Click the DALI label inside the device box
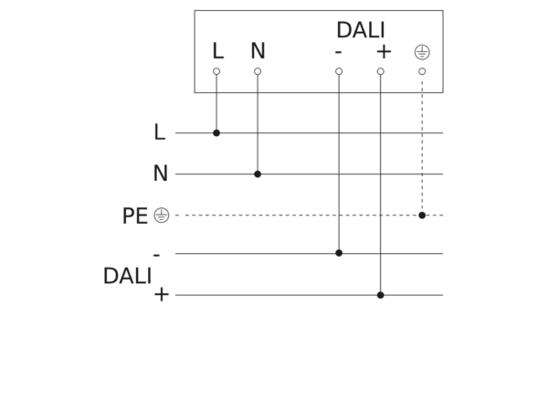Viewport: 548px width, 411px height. [x=361, y=30]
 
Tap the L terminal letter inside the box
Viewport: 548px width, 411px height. [x=218, y=51]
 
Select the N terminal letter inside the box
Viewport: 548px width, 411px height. [x=258, y=50]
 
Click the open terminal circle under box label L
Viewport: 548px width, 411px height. [x=216, y=71]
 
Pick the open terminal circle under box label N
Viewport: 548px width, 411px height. [x=258, y=71]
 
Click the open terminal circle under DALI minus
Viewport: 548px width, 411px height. [x=339, y=71]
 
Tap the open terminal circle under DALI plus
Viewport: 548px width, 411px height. [x=381, y=71]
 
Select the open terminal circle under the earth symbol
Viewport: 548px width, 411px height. [x=422, y=71]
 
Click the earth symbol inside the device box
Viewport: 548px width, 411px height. [x=422, y=52]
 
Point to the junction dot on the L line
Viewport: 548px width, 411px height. [x=216, y=132]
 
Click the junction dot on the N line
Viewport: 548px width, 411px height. [x=258, y=174]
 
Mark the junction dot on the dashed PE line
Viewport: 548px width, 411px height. [x=422, y=216]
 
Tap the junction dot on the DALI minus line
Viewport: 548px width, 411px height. [x=339, y=253]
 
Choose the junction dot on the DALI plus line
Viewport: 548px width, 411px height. [x=381, y=295]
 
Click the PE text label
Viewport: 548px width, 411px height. [x=135, y=216]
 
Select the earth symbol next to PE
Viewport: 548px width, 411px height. [x=162, y=216]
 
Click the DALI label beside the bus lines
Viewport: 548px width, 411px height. [x=128, y=276]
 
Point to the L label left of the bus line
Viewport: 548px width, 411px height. [x=159, y=132]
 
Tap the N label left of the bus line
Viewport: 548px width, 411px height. [x=161, y=173]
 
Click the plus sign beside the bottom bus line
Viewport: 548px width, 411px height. [x=162, y=295]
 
